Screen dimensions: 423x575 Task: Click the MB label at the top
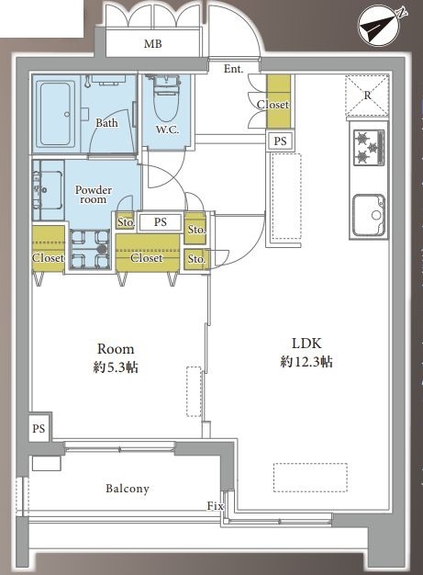152,44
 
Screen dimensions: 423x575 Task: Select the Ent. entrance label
233,69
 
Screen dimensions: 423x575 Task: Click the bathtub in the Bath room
56,114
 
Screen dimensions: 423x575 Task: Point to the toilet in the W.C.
167,98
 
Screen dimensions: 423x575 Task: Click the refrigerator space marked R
367,96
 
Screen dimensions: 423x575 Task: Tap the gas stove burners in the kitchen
369,147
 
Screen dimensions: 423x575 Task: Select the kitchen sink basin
369,215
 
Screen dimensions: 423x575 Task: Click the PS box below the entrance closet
280,141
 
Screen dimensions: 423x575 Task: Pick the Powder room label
94,195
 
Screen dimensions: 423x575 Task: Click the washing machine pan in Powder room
89,249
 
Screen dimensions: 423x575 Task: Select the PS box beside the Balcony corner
39,428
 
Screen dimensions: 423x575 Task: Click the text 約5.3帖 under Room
116,367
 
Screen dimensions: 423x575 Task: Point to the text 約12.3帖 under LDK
306,362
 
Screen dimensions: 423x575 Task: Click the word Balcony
128,489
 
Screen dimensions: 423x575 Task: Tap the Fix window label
215,506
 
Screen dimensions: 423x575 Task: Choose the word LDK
306,344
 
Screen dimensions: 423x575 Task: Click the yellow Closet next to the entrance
278,102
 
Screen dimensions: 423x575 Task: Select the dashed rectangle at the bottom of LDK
310,477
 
